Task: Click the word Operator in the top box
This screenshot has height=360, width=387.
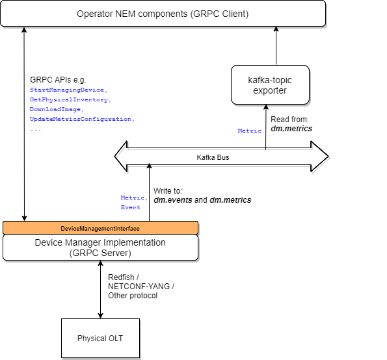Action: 95,14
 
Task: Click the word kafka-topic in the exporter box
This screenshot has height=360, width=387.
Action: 270,80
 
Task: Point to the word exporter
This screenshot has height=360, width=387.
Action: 270,90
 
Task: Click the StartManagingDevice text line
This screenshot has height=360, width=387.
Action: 68,90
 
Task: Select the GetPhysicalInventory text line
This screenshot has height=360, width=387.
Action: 70,100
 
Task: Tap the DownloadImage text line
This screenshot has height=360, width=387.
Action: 57,110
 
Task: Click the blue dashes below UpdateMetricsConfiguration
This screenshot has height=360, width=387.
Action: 36,130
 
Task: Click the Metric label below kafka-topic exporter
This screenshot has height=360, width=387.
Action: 249,131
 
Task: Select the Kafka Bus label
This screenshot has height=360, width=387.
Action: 213,157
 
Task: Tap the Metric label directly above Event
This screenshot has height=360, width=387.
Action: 134,198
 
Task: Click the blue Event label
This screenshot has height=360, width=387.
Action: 130,207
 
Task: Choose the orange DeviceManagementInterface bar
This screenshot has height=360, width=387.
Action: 100,228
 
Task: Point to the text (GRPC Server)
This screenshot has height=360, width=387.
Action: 100,253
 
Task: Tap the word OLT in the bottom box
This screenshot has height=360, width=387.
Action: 116,339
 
